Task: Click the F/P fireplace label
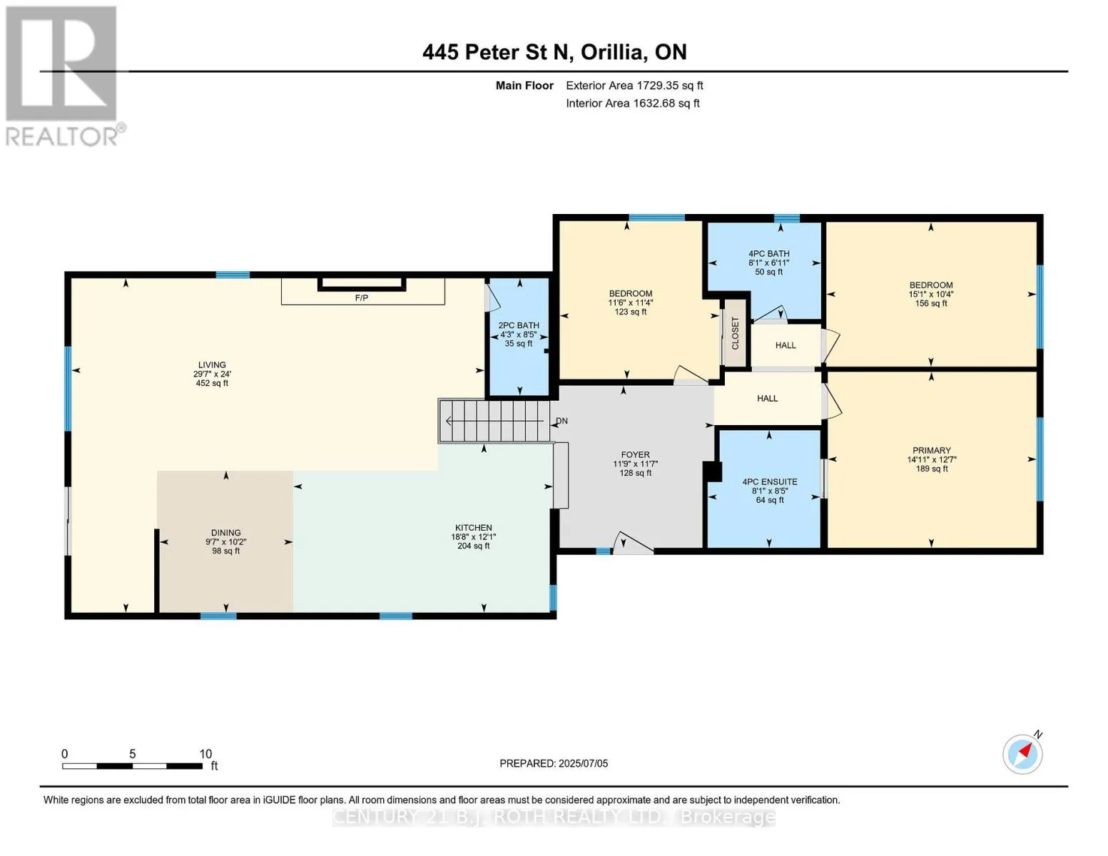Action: pos(362,297)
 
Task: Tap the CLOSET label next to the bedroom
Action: pos(736,333)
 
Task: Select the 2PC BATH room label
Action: pos(519,325)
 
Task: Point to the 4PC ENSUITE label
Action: pos(769,481)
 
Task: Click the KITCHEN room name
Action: pos(474,528)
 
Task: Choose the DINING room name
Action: pos(226,533)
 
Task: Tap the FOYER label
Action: pos(635,455)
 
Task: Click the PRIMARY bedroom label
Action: pos(932,451)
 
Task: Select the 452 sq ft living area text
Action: pos(212,383)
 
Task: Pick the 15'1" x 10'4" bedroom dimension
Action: pos(931,294)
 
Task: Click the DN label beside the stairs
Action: pos(561,421)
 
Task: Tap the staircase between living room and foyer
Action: pos(494,421)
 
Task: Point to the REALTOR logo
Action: pos(63,76)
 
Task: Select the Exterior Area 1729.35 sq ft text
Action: pos(634,86)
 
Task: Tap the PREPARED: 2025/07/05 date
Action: pos(554,763)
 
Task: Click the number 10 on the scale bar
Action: pos(205,753)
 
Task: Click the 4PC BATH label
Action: pos(769,254)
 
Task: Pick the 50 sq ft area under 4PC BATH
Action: pos(769,272)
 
